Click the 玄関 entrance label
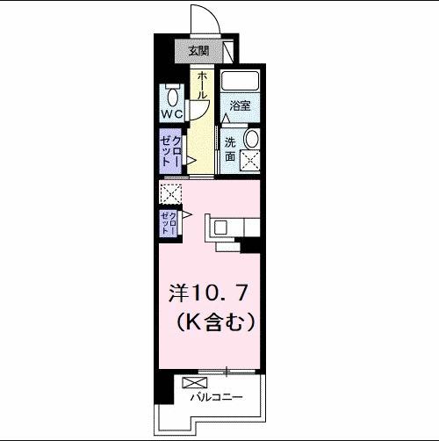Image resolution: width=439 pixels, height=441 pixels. [x=198, y=51]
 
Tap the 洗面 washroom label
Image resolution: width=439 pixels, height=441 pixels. [x=229, y=149]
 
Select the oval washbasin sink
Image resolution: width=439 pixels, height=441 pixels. [x=252, y=140]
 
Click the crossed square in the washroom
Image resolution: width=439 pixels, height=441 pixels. [x=252, y=161]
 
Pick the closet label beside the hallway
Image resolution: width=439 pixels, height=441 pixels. [x=170, y=151]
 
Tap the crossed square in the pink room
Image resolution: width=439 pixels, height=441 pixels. [x=169, y=192]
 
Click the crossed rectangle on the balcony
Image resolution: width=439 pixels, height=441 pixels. [x=193, y=381]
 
